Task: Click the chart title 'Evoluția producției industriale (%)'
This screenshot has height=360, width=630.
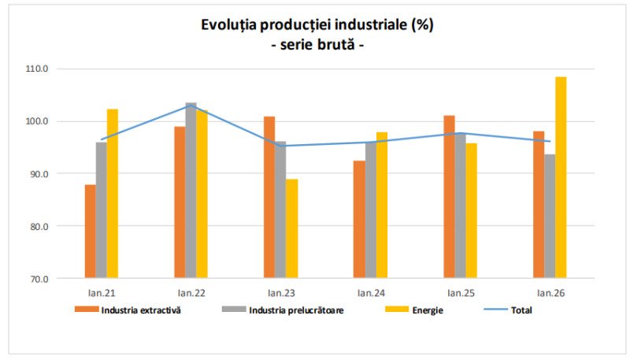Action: click(317, 24)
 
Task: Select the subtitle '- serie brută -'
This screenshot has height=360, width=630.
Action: click(317, 45)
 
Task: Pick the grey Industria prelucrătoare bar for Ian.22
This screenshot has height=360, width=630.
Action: click(191, 190)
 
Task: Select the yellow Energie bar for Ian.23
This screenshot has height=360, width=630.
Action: click(292, 228)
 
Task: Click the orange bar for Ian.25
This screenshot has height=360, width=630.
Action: click(449, 196)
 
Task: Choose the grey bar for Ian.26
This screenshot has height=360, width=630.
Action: click(550, 216)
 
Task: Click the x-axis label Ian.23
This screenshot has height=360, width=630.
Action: click(280, 293)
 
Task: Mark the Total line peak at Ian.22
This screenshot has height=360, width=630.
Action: click(191, 106)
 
